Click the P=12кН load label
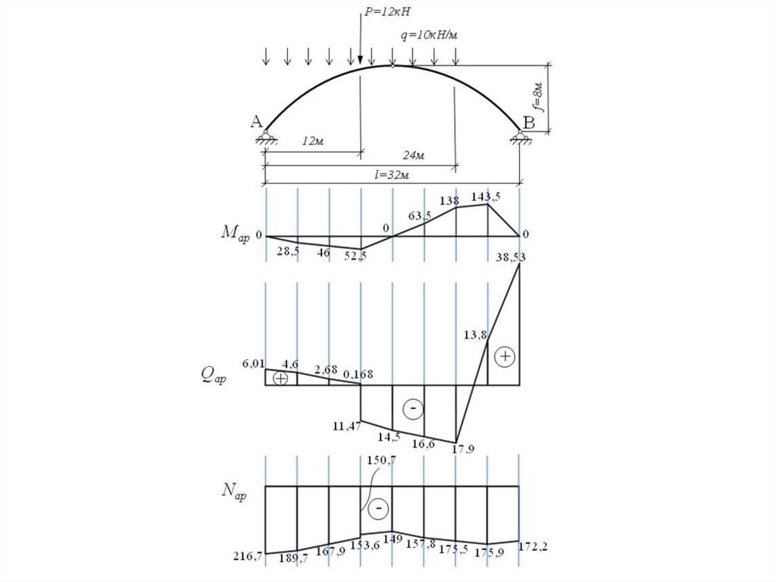coord(387,11)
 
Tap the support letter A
coord(256,121)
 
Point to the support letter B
coord(529,122)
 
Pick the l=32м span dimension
coord(392,175)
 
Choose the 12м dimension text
coord(313,141)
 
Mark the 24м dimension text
coord(413,155)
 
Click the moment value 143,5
coord(486,197)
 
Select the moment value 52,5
coord(355,255)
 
